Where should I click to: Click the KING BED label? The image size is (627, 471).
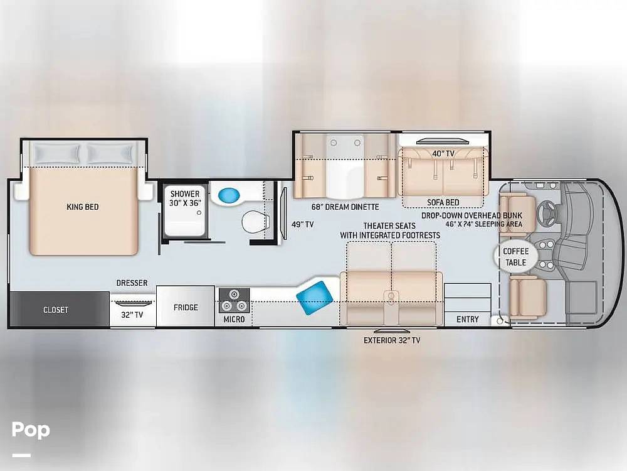(x=82, y=207)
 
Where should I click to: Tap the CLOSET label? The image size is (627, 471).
(x=56, y=310)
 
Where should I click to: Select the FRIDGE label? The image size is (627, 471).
(x=186, y=308)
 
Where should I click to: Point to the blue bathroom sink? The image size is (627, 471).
(x=229, y=195)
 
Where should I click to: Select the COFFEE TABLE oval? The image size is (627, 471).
(x=516, y=257)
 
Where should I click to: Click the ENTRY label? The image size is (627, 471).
(x=468, y=319)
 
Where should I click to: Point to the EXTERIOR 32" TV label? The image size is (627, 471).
(x=392, y=340)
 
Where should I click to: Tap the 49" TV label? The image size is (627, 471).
(x=302, y=225)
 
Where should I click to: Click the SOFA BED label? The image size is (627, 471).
(x=443, y=203)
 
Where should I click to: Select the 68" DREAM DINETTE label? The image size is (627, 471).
(x=345, y=207)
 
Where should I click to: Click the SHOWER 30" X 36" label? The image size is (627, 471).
(x=185, y=198)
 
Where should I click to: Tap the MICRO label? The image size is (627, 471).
(x=234, y=319)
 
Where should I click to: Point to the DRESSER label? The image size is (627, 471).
(x=132, y=283)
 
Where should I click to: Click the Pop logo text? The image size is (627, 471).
(x=31, y=430)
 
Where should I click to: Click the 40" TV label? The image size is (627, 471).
(x=443, y=154)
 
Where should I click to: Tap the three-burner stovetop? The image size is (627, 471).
(x=234, y=300)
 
